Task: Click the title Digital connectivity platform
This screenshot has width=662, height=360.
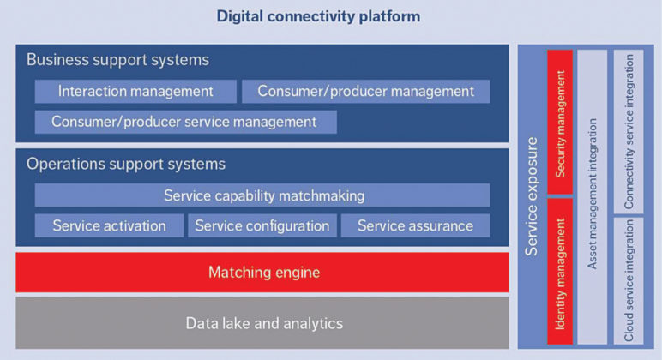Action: point(318,16)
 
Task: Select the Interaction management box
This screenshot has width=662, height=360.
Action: point(135,91)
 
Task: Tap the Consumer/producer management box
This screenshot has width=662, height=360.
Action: point(365,91)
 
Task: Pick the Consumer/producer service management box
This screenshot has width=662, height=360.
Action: point(186,122)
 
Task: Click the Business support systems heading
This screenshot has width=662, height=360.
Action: point(117,59)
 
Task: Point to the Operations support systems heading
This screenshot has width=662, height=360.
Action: point(126,164)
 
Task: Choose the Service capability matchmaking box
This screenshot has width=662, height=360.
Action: point(262,195)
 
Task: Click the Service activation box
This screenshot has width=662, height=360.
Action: point(110,225)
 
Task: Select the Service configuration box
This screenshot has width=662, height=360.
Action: point(262,225)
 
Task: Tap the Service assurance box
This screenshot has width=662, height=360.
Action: point(415,225)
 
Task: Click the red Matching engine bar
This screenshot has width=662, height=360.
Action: point(262,273)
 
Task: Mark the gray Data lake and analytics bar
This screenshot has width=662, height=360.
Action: point(262,323)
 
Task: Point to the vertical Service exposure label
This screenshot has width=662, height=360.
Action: point(532,196)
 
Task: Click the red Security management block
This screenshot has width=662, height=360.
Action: point(560,122)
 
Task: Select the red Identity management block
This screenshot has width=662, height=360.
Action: point(560,272)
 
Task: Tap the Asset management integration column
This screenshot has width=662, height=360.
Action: point(593,196)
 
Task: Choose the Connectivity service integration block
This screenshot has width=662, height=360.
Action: point(629,131)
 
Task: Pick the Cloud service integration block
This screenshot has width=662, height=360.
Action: point(629,280)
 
